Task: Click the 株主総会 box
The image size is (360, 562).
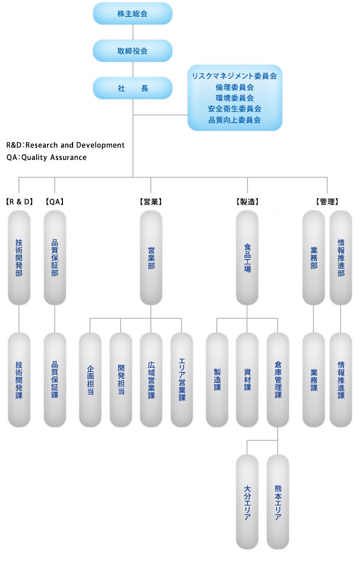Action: [132, 14]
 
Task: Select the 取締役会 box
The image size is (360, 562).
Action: [132, 51]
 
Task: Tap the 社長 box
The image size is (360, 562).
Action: [132, 88]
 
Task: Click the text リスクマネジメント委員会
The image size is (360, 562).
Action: [235, 76]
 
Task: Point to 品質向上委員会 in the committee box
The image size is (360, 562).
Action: [235, 120]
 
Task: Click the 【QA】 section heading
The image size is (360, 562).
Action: [55, 202]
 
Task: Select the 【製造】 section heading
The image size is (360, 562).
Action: [247, 202]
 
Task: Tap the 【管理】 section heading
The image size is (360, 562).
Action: [327, 202]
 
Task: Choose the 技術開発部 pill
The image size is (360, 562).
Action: [19, 258]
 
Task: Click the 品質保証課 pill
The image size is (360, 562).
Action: [55, 380]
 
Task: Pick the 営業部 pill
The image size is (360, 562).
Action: [151, 258]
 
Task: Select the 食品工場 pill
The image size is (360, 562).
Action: [247, 258]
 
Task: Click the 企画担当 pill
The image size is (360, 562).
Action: [90, 380]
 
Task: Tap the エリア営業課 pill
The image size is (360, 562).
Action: [182, 380]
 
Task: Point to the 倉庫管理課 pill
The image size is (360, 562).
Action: [278, 380]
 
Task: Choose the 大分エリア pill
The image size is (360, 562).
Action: [247, 502]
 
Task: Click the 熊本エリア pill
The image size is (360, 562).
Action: [278, 502]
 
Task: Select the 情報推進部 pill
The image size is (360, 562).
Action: [341, 258]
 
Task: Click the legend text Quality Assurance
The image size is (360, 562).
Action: [54, 157]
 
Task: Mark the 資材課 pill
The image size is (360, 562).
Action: [247, 380]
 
